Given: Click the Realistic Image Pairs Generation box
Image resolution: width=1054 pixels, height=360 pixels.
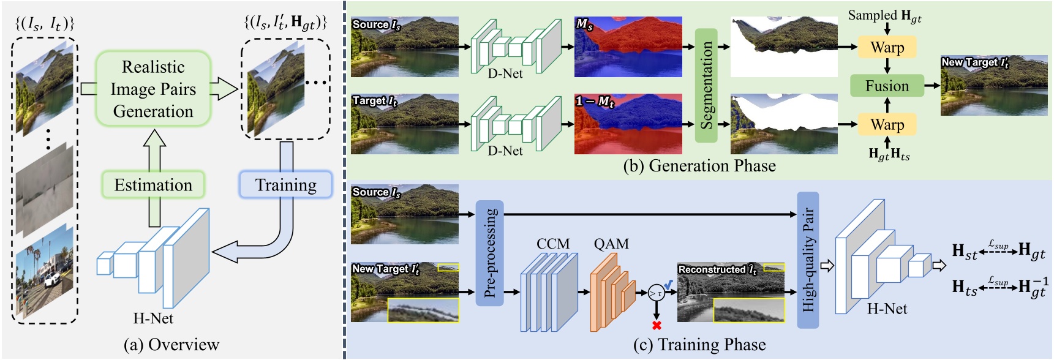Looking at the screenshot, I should (x=153, y=89).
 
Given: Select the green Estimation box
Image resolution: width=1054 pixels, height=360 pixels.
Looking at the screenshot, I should (x=153, y=185).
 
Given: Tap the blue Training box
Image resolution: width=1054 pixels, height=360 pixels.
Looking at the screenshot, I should (x=285, y=185).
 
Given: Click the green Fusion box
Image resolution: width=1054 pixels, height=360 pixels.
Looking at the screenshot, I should (x=887, y=86).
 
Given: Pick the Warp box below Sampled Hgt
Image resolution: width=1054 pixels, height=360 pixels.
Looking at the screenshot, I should (x=887, y=47).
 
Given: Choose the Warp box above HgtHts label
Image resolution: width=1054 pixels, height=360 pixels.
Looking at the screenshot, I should (x=887, y=124).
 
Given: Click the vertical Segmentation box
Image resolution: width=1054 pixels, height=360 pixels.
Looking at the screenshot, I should (x=706, y=85).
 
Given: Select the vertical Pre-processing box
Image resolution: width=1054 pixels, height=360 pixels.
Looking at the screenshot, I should (x=489, y=253).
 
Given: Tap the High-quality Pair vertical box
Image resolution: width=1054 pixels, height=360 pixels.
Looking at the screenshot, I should (x=808, y=260).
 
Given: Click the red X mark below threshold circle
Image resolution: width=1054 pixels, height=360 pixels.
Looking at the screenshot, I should (x=657, y=325).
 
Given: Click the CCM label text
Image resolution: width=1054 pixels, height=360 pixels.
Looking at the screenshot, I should (x=552, y=244).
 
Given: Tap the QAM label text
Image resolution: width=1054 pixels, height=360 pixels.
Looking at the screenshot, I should (x=611, y=244).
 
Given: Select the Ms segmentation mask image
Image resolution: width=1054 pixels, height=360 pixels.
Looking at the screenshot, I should (x=628, y=47).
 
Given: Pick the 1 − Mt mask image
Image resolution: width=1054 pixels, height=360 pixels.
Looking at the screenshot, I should (x=628, y=124).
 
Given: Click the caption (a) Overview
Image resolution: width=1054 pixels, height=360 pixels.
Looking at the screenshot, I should (x=171, y=345).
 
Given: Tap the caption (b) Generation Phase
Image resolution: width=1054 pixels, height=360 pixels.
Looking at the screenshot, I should (x=699, y=166).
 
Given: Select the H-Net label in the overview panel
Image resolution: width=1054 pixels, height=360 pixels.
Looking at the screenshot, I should (x=153, y=318).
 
